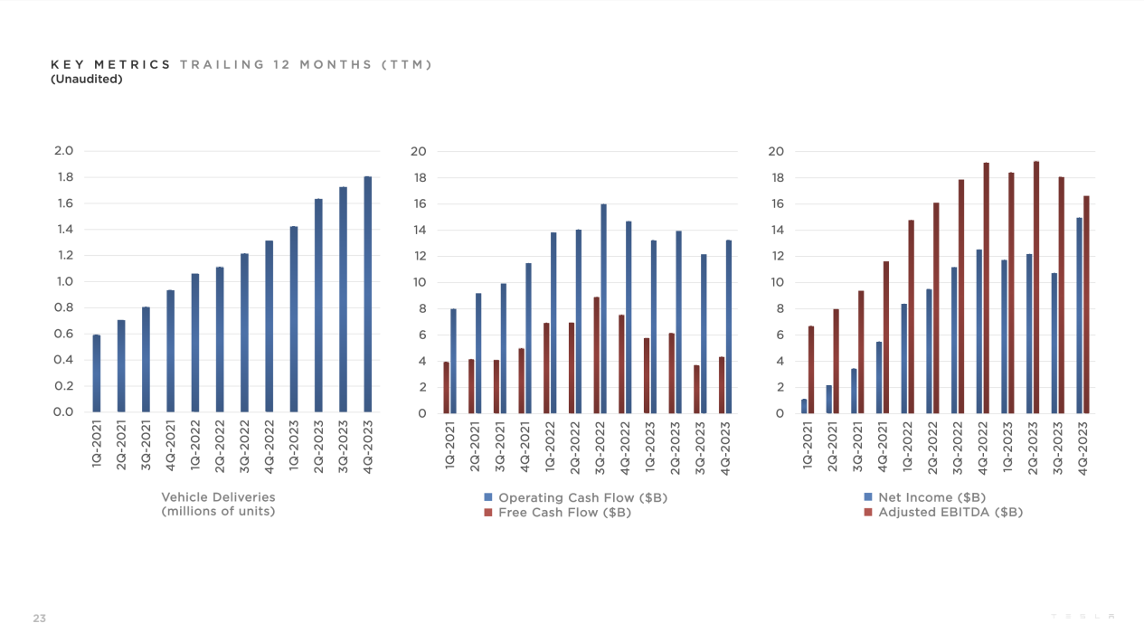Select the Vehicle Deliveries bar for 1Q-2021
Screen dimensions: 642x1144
tap(97, 373)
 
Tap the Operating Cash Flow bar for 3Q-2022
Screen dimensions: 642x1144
tap(603, 308)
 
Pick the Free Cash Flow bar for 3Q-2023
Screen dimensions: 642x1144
tap(696, 389)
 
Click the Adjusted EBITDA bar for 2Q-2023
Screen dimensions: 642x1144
tap(1036, 288)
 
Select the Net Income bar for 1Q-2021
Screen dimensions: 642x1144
tap(804, 406)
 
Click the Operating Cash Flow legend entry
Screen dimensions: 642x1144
tap(575, 498)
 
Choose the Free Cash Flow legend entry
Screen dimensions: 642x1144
tap(557, 513)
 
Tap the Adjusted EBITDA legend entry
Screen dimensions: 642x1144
tap(943, 513)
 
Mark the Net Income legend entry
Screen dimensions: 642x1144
tap(924, 498)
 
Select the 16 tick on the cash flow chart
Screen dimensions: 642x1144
tap(418, 203)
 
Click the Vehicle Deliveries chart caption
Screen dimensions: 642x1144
tap(218, 505)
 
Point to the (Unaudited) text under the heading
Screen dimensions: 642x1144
tap(87, 79)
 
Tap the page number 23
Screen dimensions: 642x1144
tap(39, 618)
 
